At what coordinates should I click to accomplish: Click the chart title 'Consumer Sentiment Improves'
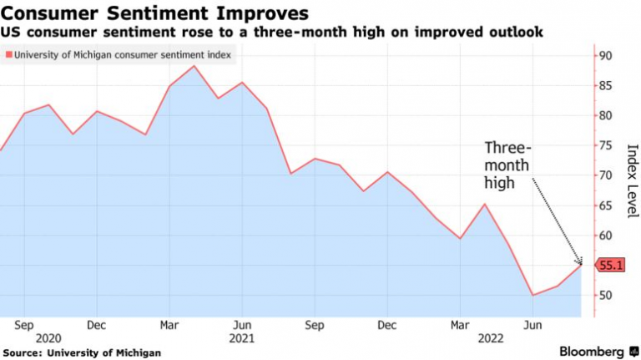(x=155, y=13)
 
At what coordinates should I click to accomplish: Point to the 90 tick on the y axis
(x=605, y=56)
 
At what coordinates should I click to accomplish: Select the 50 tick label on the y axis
(x=605, y=295)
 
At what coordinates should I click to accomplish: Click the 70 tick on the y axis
(x=605, y=175)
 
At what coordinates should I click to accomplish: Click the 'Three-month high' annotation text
(x=507, y=165)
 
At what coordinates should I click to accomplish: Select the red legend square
(x=8, y=56)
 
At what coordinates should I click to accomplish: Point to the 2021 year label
(x=241, y=337)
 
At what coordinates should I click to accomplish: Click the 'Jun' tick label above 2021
(x=241, y=324)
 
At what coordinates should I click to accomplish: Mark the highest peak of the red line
(x=194, y=65)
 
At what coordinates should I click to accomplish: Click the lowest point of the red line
(x=532, y=295)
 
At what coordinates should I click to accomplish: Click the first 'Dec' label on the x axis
(x=96, y=324)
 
